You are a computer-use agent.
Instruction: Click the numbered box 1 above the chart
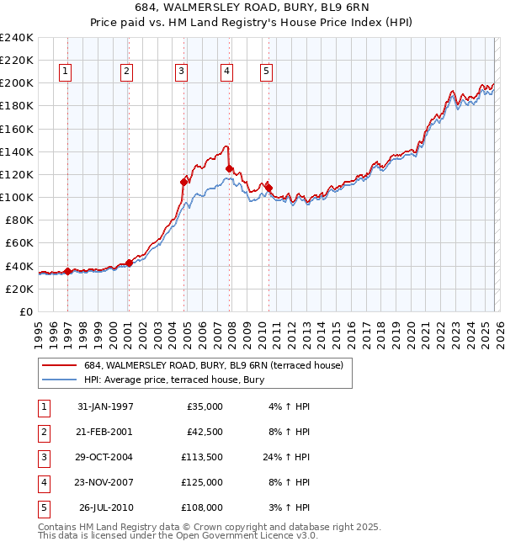point(66,72)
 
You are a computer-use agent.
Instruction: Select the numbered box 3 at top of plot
point(181,72)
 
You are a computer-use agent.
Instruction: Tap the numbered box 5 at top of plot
point(266,72)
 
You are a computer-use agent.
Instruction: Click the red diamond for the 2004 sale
point(183,181)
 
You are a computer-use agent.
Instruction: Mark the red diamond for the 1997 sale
point(67,271)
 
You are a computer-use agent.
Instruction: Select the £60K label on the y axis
point(19,242)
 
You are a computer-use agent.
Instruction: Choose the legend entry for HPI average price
point(173,380)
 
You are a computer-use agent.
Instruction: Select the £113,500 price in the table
point(202,458)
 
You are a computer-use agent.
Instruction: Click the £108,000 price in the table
point(202,507)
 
